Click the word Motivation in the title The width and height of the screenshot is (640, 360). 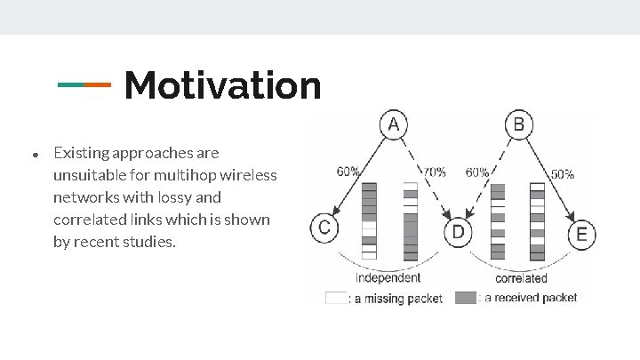tap(222, 85)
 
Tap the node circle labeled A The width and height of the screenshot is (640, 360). tap(392, 125)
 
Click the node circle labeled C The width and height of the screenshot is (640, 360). tap(324, 228)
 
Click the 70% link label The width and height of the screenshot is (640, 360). tap(435, 172)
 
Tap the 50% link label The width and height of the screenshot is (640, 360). tap(562, 174)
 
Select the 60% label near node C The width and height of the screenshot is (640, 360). tap(348, 172)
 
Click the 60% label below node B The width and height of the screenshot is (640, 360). tap(477, 172)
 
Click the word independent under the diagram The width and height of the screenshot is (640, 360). tap(388, 278)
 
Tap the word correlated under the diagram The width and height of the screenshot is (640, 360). tap(521, 278)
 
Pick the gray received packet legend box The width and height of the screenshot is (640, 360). tap(466, 298)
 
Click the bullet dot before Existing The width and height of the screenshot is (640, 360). tap(35, 155)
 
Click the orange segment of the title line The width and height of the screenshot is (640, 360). tap(99, 85)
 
